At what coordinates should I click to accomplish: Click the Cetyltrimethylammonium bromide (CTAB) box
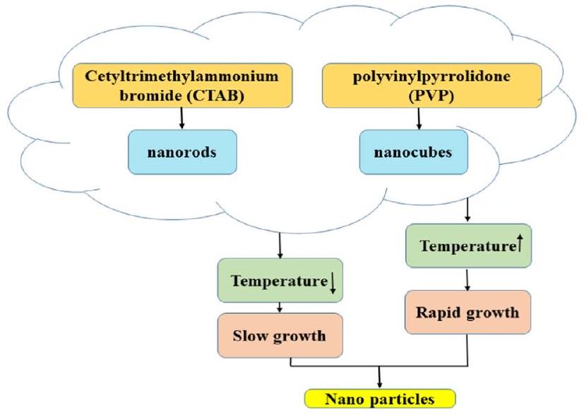(x=182, y=86)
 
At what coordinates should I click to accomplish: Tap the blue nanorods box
(x=182, y=151)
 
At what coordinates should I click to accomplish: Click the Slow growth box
(x=282, y=334)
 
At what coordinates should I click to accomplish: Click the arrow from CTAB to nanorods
(x=182, y=119)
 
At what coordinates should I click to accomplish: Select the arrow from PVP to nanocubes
(x=419, y=119)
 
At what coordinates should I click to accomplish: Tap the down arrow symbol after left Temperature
(x=333, y=283)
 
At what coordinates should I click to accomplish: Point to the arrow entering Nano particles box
(x=380, y=378)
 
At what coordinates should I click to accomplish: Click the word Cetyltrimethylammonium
(x=182, y=76)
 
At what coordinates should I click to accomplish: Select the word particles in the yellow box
(x=404, y=399)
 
